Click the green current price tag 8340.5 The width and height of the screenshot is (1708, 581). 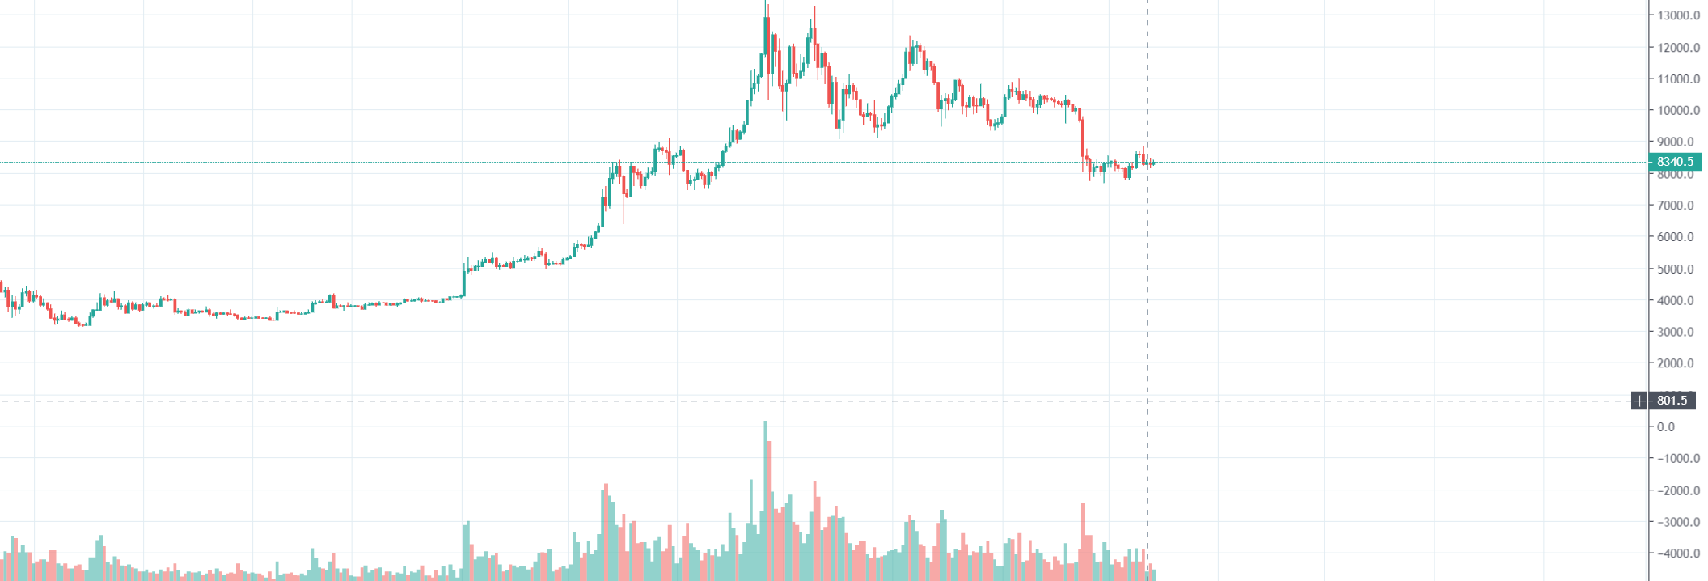pos(1675,162)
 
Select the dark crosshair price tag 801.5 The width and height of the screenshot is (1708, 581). pos(1672,401)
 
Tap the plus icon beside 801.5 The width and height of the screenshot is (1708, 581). pos(1639,401)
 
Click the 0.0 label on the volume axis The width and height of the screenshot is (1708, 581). pos(1666,427)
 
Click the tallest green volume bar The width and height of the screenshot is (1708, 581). pos(765,502)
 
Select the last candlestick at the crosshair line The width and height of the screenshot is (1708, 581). pos(1152,163)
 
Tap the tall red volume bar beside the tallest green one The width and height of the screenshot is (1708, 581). pos(769,510)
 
